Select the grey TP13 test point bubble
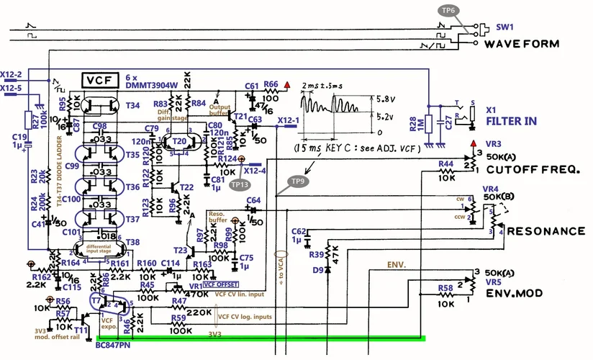click(239, 184)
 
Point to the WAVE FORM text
click(521, 44)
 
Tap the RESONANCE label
click(546, 231)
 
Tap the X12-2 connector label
click(12, 74)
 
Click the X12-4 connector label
click(257, 171)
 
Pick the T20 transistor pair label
click(179, 140)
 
